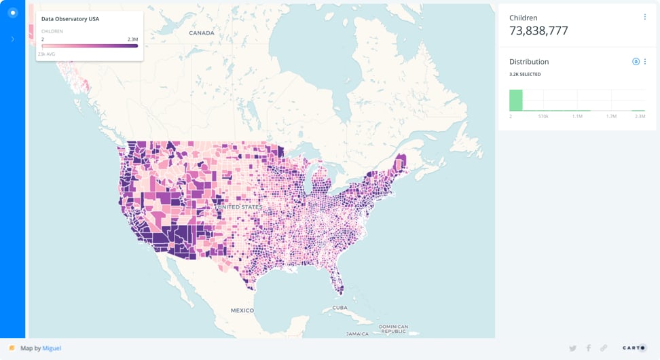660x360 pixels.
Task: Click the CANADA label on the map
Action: (x=201, y=33)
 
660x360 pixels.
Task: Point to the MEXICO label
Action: (x=242, y=310)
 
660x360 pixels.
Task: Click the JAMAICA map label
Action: (x=357, y=334)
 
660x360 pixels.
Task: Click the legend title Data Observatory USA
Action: (x=70, y=19)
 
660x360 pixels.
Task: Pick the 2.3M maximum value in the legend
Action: (x=132, y=39)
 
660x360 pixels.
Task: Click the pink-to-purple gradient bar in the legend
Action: (x=90, y=46)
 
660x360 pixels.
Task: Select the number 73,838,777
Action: (x=538, y=31)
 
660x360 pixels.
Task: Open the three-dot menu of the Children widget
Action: (x=644, y=17)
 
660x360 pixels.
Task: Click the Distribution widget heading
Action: (x=529, y=62)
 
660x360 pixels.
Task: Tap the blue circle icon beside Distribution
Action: (x=636, y=62)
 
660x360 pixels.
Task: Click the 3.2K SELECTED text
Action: (x=525, y=74)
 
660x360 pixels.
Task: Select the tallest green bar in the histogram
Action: (x=516, y=100)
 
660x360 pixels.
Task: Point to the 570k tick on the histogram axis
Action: (x=543, y=117)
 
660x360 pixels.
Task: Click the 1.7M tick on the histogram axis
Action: (x=611, y=117)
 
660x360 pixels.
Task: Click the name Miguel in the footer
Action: (x=52, y=348)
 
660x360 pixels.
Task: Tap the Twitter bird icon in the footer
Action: (x=572, y=348)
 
